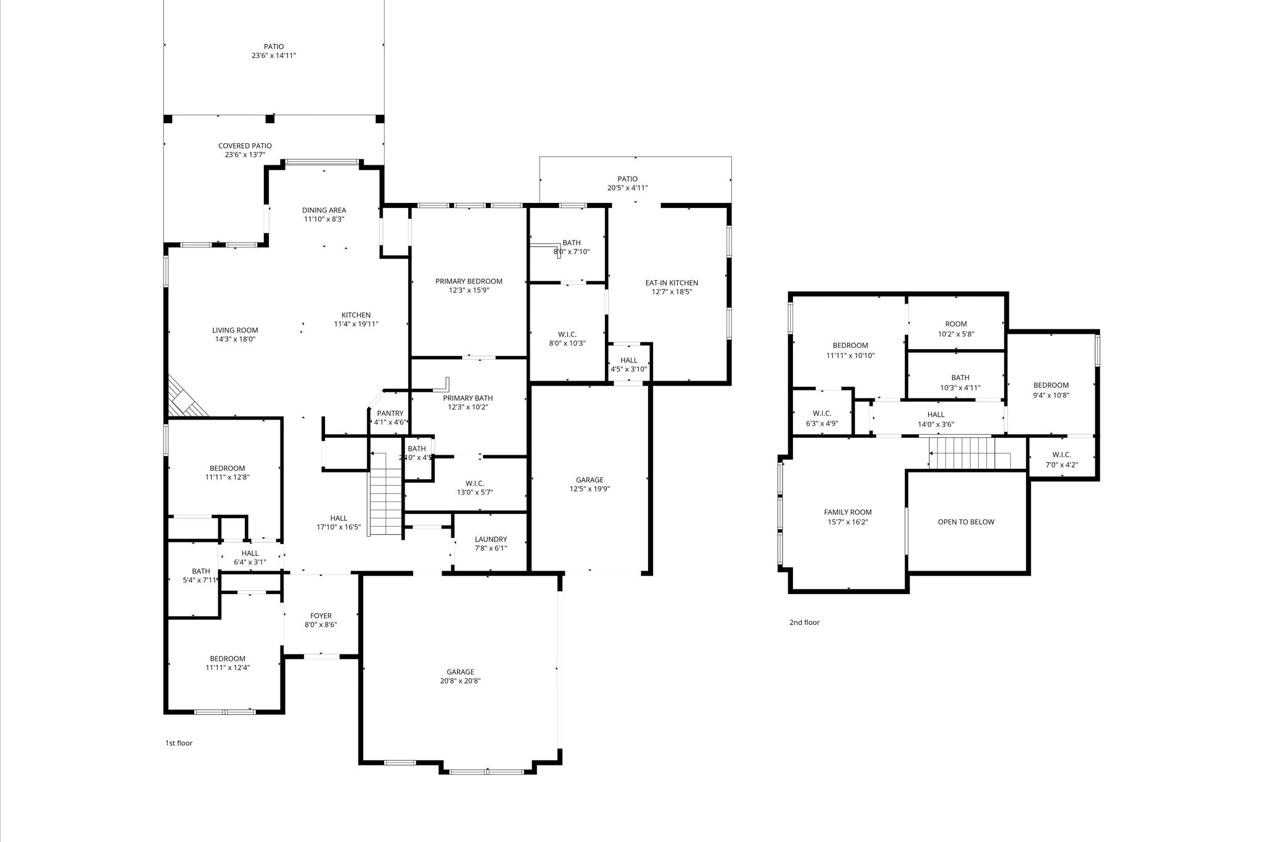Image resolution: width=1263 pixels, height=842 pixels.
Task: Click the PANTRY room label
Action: (x=390, y=413)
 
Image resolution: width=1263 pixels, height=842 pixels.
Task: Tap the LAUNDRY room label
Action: (x=491, y=539)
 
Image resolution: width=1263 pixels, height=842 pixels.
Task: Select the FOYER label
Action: (x=321, y=616)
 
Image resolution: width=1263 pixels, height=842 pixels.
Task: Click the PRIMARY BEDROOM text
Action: (x=469, y=281)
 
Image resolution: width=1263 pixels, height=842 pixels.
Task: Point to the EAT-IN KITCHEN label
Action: (x=672, y=283)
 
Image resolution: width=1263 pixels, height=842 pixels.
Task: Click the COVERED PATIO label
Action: (x=245, y=146)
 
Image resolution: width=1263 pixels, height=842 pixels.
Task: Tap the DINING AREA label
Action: (x=324, y=210)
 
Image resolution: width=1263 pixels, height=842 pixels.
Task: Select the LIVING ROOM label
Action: (x=235, y=331)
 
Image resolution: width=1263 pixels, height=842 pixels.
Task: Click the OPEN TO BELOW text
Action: (x=966, y=522)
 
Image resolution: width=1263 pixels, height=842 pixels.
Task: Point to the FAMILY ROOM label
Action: (x=848, y=512)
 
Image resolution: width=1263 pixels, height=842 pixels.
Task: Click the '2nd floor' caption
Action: (x=804, y=622)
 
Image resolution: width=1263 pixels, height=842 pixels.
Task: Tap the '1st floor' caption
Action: (x=179, y=743)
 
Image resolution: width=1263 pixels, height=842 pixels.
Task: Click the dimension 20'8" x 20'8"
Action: (x=460, y=681)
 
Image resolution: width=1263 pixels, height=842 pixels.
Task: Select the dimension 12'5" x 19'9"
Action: (x=590, y=489)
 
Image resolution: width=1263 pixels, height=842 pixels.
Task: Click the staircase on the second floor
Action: (x=969, y=453)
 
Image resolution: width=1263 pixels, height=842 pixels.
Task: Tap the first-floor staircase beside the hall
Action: (x=385, y=493)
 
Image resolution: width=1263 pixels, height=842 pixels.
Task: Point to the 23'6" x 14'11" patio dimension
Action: (x=274, y=56)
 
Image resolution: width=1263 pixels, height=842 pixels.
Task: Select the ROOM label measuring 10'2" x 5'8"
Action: (x=956, y=324)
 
